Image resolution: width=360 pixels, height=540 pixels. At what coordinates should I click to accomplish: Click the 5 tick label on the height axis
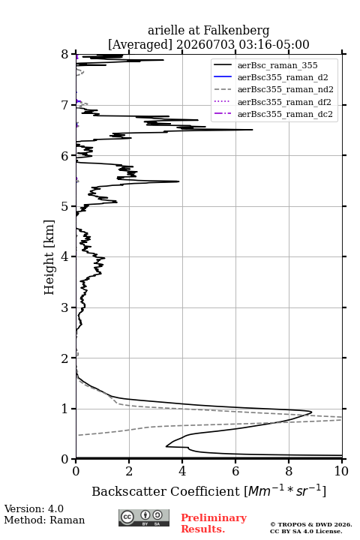64,207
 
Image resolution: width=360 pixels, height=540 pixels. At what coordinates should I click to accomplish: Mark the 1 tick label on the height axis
64,409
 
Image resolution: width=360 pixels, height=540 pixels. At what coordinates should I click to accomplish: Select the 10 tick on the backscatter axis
342,459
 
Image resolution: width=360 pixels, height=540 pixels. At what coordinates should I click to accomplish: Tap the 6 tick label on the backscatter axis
235,471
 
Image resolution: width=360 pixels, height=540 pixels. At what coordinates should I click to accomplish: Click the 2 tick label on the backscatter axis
129,471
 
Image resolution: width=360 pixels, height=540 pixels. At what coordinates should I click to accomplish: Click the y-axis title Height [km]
49,257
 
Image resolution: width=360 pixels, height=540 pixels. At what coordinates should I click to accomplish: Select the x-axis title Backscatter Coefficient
166,491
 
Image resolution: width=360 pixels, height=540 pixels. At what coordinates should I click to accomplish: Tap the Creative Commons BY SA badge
144,517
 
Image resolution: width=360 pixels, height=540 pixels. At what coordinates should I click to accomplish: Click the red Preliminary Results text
214,523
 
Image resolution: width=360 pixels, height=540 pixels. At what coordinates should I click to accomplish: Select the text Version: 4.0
34,508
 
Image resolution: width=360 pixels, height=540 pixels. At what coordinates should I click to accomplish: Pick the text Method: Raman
44,520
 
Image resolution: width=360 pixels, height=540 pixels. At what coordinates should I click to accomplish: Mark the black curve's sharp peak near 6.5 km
253,130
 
